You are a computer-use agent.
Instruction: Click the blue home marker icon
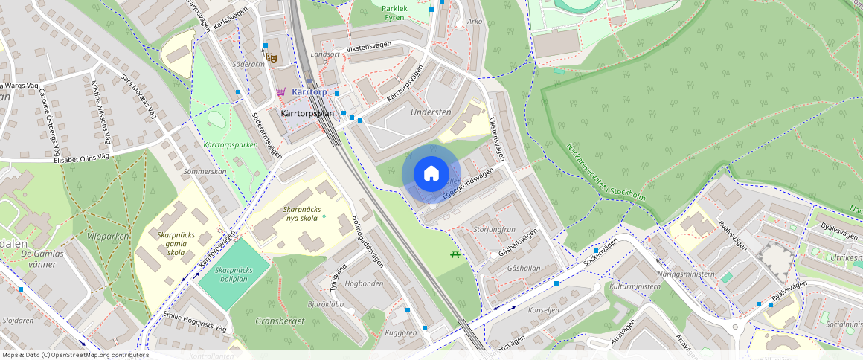pos(431,174)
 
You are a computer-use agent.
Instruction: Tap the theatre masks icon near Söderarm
pos(272,56)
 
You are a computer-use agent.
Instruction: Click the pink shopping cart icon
pos(280,91)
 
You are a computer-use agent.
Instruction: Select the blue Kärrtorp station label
pos(310,91)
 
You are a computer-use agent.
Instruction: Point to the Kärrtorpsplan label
pos(307,113)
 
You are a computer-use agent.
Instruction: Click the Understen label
pos(431,112)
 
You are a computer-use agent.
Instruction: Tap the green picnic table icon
pos(456,255)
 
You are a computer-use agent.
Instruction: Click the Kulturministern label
pos(635,286)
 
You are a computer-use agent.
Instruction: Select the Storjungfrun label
pos(494,229)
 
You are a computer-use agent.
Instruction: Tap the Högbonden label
pos(365,283)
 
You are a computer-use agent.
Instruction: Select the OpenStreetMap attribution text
pos(74,355)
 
